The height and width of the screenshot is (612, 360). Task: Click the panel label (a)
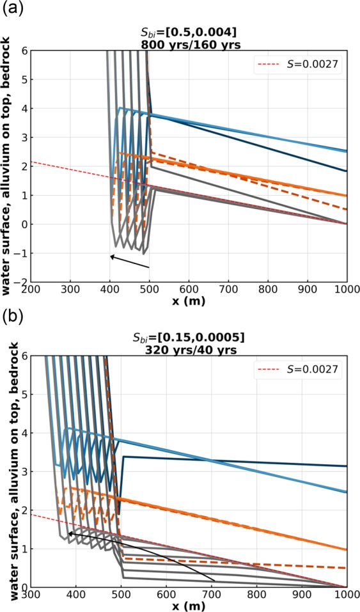(x=11, y=8)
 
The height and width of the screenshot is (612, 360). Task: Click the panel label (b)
(x=11, y=315)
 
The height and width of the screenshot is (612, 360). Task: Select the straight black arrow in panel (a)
(x=129, y=262)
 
